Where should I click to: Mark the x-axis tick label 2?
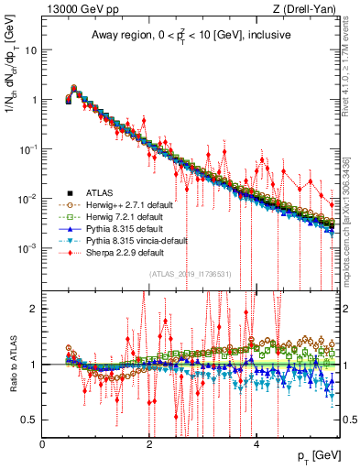[148, 444]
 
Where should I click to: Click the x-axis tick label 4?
[256, 444]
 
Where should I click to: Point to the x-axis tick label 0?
[42, 444]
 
